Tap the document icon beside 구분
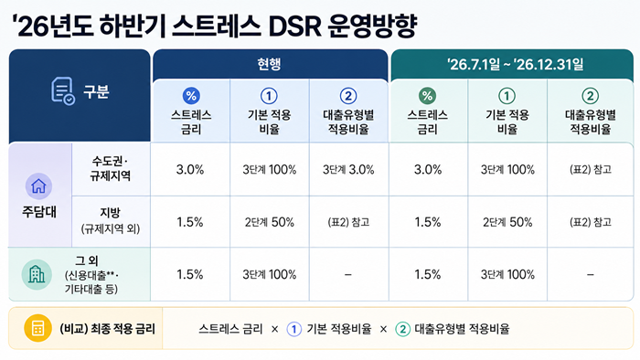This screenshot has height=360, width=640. point(63,91)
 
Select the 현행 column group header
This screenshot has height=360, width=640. point(269,64)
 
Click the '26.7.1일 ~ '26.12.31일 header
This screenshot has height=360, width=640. point(515,65)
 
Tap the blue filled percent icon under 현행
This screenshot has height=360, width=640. point(191,96)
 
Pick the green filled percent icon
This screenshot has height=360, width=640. point(427,96)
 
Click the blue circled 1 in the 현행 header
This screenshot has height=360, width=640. point(269,96)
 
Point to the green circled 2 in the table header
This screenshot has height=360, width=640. point(591,96)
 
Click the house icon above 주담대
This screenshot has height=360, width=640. point(38,185)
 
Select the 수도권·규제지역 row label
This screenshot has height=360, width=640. point(111,168)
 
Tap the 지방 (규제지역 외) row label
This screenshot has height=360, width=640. point(111,220)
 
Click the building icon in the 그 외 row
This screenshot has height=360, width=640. point(37,275)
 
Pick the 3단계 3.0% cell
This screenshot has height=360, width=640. point(348,170)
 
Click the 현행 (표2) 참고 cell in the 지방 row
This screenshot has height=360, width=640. point(348,222)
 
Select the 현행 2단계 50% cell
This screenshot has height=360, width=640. point(270,222)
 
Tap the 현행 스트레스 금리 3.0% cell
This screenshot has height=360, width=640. point(190,170)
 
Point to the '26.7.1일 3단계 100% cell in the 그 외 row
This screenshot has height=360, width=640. point(507,274)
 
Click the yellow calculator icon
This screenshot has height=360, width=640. point(38,328)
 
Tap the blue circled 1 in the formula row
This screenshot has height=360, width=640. point(293,329)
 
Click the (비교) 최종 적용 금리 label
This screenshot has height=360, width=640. point(107,329)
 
